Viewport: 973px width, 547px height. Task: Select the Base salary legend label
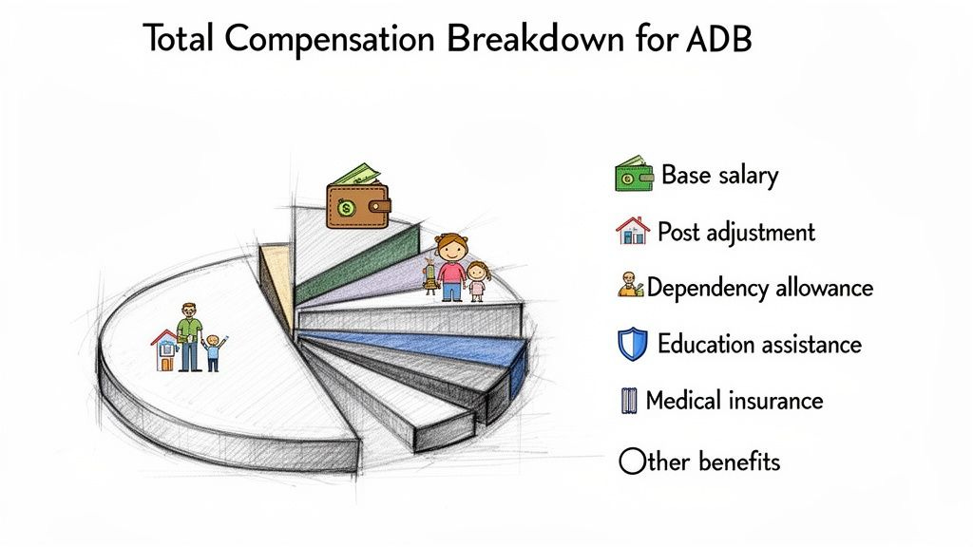(x=719, y=176)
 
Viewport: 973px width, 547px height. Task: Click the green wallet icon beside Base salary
(x=632, y=176)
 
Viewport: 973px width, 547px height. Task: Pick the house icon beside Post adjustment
(x=633, y=231)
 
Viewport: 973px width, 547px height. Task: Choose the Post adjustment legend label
(x=735, y=232)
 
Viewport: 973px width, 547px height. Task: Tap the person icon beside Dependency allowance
(x=631, y=286)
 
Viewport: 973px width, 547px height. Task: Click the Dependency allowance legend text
(x=760, y=287)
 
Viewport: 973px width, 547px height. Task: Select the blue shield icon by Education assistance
(x=632, y=344)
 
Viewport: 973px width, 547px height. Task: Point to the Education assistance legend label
(x=759, y=344)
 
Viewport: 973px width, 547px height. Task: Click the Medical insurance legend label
(x=734, y=400)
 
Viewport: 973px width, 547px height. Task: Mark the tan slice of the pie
(x=277, y=275)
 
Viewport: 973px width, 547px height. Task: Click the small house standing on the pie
(x=165, y=351)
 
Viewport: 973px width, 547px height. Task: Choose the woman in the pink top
(x=453, y=266)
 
